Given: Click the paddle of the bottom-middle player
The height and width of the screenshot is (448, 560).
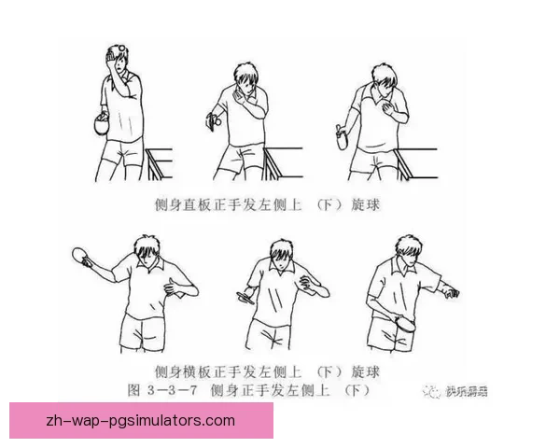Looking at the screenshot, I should (x=246, y=297).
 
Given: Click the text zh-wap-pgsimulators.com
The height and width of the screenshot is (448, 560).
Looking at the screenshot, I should (x=140, y=420).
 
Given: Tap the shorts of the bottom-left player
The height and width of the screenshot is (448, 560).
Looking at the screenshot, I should (x=146, y=329).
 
